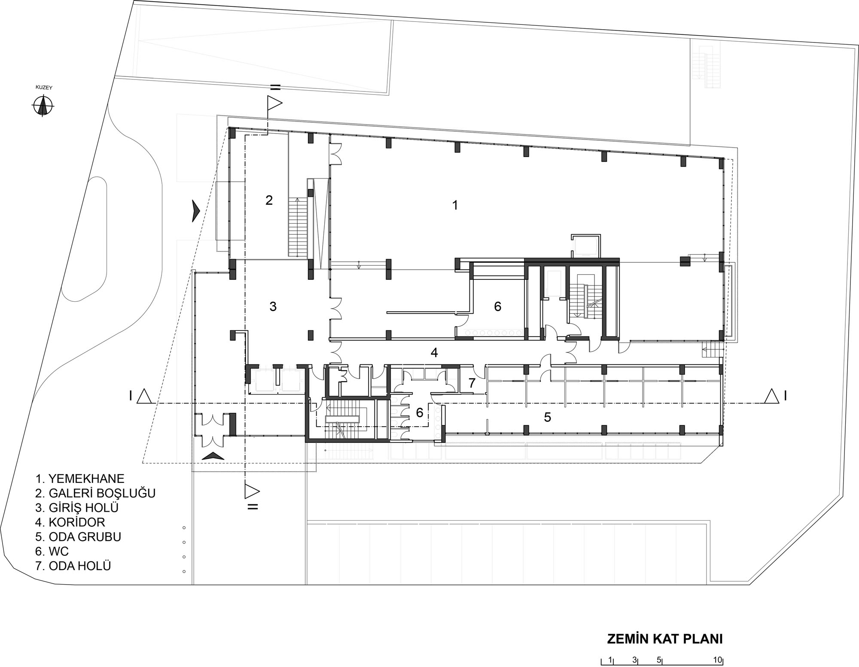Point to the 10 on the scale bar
(x=717, y=660)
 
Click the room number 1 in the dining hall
(x=455, y=205)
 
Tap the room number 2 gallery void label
(x=269, y=200)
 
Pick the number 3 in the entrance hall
(x=273, y=306)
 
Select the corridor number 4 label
(x=434, y=352)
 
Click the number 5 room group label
(x=547, y=417)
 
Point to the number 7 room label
(x=472, y=383)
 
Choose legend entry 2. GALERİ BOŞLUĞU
(x=95, y=493)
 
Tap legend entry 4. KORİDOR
(x=70, y=522)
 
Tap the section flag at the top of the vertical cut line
(x=274, y=103)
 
